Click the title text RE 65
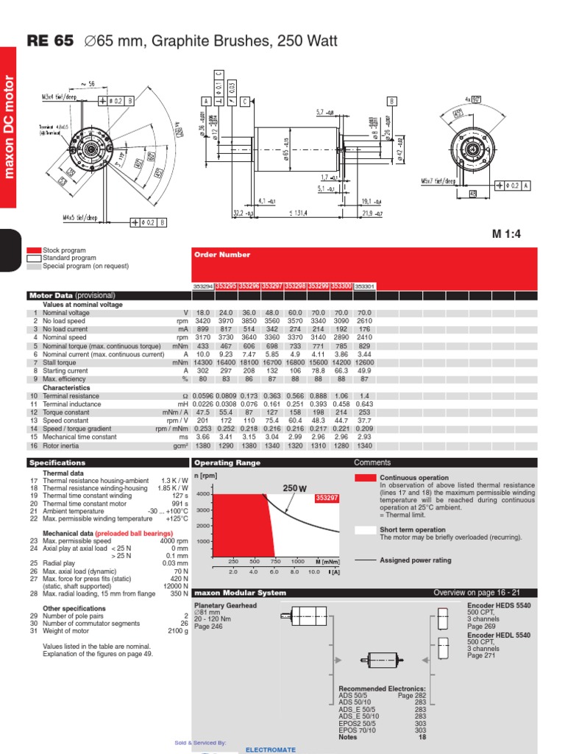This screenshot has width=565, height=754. (x=50, y=41)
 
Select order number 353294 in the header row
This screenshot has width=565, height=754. (x=203, y=286)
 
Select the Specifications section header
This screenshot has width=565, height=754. (x=58, y=463)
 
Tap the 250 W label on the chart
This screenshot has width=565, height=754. (x=294, y=488)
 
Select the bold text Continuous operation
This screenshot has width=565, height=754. (x=413, y=478)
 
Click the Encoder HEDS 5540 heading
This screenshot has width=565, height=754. (x=499, y=605)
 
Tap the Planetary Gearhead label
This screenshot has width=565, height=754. (x=225, y=605)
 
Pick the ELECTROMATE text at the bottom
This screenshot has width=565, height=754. (x=271, y=750)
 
